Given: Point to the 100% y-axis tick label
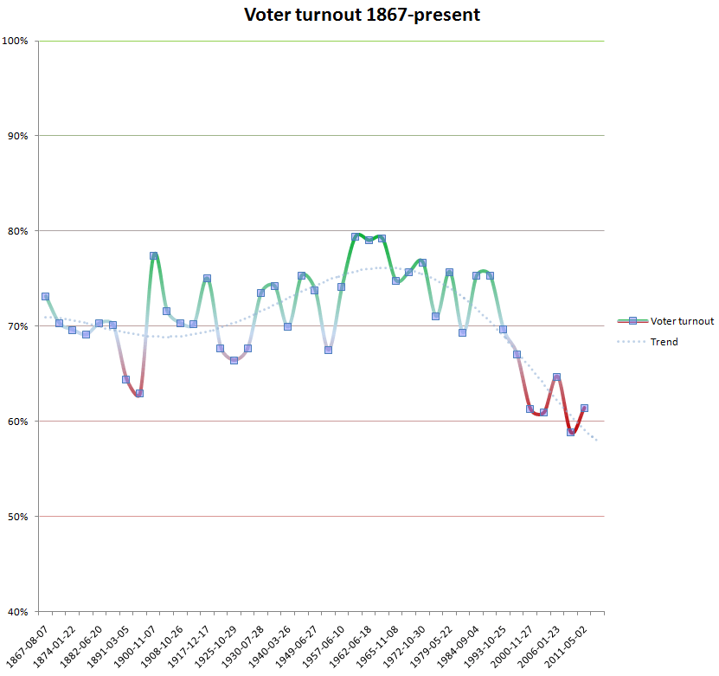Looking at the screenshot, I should click(16, 41).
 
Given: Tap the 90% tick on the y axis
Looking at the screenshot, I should click(17, 136).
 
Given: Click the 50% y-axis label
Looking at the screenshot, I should click(17, 517).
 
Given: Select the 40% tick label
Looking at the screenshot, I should click(17, 612).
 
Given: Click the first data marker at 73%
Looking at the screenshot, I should click(45, 297).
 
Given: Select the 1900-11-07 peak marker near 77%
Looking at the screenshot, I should click(153, 256).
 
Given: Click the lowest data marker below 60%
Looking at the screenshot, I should click(570, 432).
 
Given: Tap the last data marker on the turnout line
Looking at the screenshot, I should click(584, 408).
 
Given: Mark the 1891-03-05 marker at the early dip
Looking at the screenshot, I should click(126, 379).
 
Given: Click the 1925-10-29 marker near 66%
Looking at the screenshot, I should click(234, 360).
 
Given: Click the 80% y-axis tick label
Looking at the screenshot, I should click(17, 231).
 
